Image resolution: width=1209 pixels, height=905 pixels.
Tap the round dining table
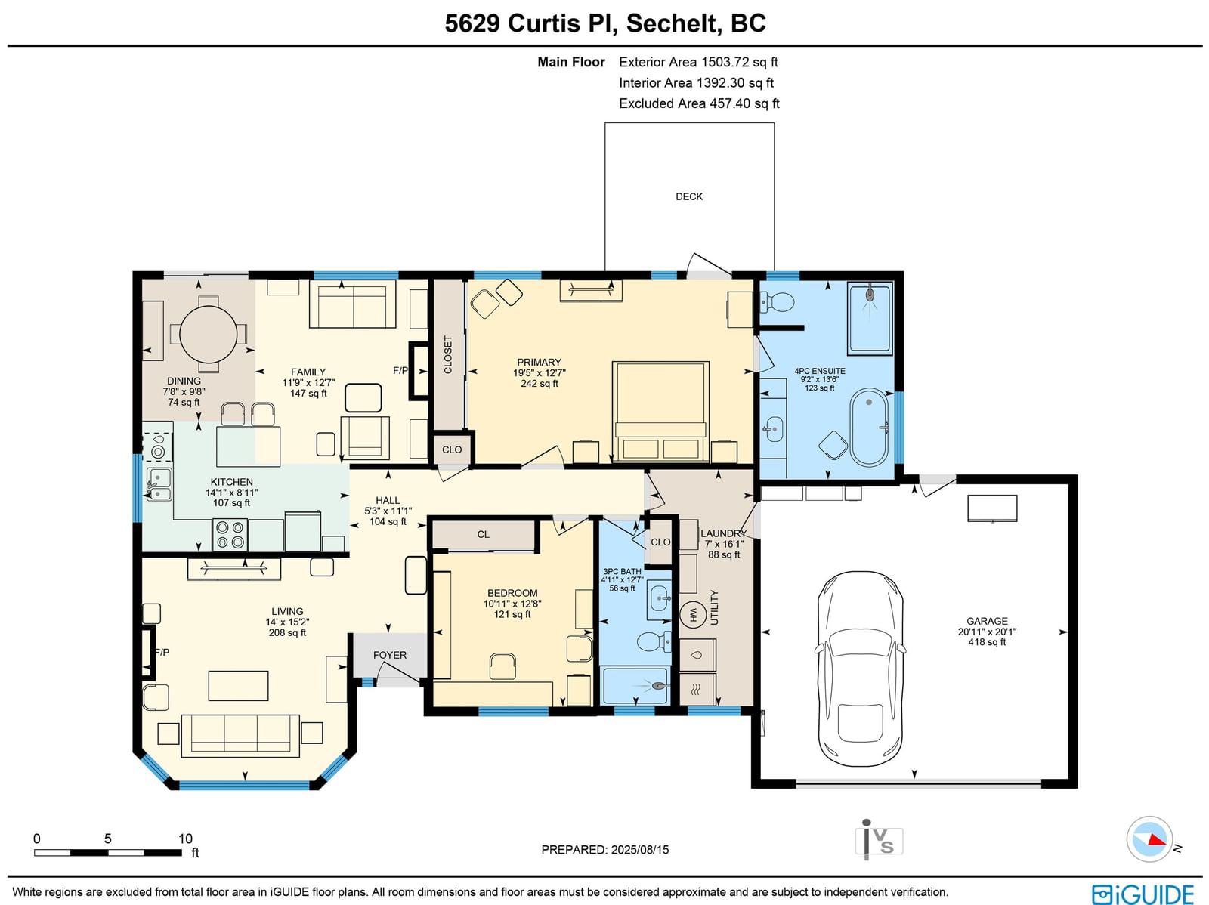[209, 334]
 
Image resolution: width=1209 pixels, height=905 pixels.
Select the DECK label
[689, 196]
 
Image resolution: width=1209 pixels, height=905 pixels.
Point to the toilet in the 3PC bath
[654, 641]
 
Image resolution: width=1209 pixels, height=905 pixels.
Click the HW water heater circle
[693, 613]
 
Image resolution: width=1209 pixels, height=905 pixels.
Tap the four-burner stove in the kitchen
[230, 535]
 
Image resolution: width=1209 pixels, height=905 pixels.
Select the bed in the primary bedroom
[660, 411]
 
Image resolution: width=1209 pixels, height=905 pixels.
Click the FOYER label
[389, 655]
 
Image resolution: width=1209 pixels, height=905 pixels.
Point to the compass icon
[1149, 839]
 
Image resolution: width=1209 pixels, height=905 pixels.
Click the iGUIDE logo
[1143, 893]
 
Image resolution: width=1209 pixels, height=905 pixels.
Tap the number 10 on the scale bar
[185, 839]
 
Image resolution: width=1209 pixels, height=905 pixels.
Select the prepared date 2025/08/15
[640, 849]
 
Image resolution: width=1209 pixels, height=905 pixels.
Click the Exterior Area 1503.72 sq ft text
[698, 62]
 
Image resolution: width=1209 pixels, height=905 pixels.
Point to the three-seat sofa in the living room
[240, 736]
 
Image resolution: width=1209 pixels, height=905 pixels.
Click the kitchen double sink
[159, 484]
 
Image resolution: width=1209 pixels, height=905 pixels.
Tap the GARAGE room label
[987, 621]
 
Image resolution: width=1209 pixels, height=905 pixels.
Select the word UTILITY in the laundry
[714, 607]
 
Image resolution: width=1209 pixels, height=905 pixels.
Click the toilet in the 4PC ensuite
[778, 301]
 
